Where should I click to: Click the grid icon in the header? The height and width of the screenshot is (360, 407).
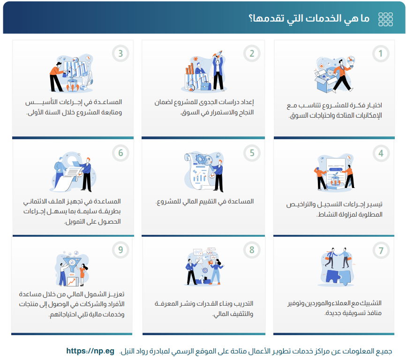(385, 19)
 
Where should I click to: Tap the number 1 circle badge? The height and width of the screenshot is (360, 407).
(381, 53)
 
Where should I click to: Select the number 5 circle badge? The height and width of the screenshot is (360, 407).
(252, 153)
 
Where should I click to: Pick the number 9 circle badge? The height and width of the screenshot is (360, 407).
(121, 250)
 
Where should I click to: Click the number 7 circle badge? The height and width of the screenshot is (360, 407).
(381, 250)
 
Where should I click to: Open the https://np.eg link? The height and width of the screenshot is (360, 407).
(90, 351)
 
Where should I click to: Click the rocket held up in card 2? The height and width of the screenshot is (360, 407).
(218, 54)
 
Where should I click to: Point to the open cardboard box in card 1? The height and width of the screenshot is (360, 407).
(324, 81)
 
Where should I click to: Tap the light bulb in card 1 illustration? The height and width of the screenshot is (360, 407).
(351, 61)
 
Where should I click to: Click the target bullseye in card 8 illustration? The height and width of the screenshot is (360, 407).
(205, 270)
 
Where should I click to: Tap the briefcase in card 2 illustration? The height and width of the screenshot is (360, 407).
(206, 86)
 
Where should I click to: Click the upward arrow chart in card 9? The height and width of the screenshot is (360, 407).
(72, 281)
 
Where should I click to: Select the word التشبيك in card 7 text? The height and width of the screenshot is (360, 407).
(372, 303)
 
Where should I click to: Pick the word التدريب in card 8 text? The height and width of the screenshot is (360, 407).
(244, 303)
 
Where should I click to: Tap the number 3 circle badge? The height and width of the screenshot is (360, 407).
(121, 53)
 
